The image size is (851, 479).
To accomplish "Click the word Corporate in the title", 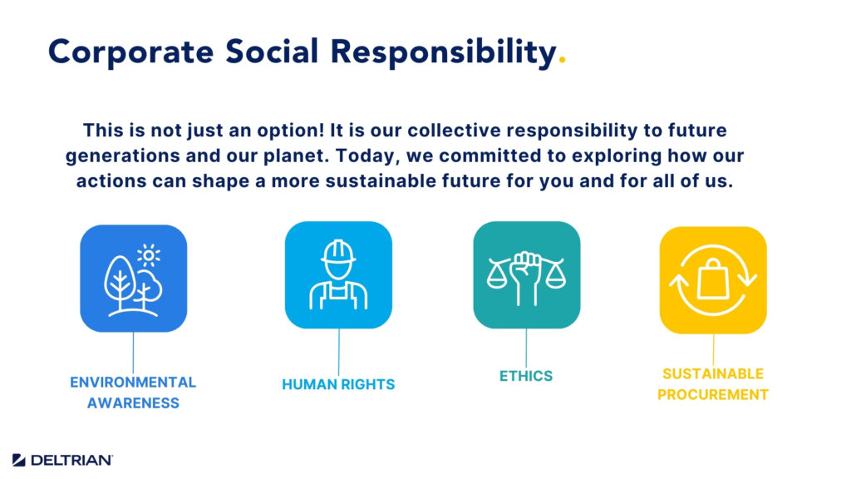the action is [130, 52].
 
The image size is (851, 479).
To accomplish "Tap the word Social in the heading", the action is [272, 52].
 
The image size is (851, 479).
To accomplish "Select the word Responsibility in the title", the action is [444, 52].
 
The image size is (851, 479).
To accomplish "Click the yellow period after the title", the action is [563, 62].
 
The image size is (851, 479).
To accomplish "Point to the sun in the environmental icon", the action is [149, 255].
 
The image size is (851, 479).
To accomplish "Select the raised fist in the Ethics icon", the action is [526, 277].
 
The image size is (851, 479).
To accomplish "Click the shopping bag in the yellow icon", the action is [712, 279].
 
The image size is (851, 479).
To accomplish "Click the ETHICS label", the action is [526, 376].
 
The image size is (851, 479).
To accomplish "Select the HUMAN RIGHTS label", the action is [338, 384].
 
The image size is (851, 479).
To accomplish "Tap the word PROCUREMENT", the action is [712, 395].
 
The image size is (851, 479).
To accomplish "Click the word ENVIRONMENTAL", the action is [133, 383].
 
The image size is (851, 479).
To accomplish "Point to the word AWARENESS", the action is [133, 403].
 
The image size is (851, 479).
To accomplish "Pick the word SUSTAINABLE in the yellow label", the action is [712, 373].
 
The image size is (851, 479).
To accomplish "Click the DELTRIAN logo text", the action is [71, 461].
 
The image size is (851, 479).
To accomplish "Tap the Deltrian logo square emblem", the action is [19, 460].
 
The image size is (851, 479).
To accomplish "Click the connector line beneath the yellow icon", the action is [713, 350].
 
